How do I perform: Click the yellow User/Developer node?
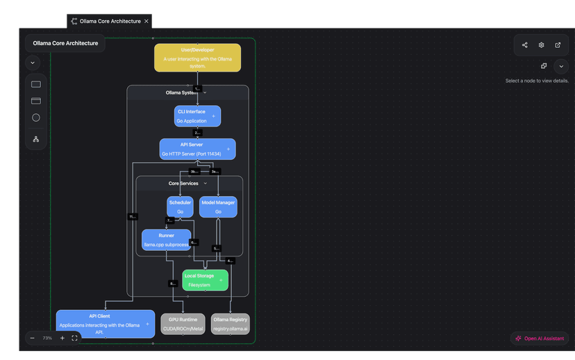197,58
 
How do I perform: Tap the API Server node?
197,149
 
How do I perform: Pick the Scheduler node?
180,207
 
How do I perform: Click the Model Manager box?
218,207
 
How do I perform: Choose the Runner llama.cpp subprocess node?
166,240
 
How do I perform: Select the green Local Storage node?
205,280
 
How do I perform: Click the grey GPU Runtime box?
183,324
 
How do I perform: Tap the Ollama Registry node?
231,324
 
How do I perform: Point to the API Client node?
105,324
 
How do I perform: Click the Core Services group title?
183,183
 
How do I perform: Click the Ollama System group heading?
181,92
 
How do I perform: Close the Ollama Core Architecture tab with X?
147,22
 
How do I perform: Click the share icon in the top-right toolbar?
525,45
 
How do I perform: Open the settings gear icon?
542,45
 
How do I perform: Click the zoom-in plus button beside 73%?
62,338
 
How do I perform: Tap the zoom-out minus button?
33,338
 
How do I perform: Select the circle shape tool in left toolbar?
36,117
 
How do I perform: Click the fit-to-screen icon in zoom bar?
75,338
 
